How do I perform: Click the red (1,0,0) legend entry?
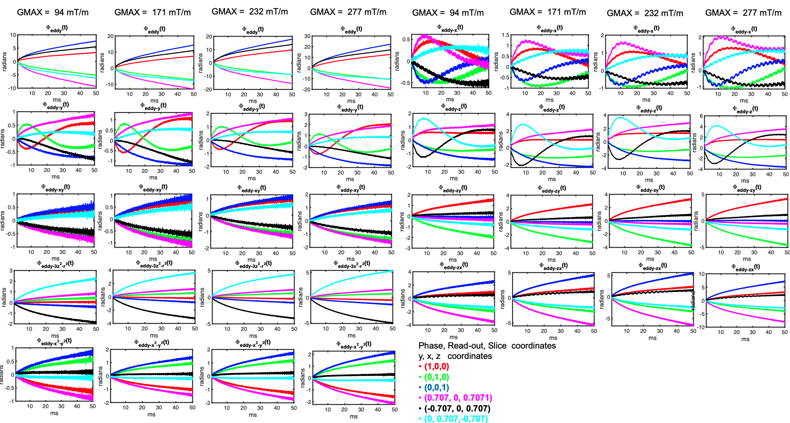coord(436,366)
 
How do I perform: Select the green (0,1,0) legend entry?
coord(436,377)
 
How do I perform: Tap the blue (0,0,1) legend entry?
coord(436,387)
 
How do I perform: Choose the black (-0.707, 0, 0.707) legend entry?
coord(457,409)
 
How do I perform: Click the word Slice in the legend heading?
coord(497,346)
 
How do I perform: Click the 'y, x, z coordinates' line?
coord(455,356)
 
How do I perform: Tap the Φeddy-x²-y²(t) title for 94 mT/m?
coord(54,341)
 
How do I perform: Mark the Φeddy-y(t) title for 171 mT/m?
coord(153,106)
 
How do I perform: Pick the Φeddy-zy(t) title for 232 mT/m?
coord(650,188)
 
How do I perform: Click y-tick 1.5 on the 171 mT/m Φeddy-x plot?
coord(505,35)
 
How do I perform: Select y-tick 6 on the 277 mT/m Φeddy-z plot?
coord(701,116)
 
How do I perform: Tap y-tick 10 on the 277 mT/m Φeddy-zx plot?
coord(701,274)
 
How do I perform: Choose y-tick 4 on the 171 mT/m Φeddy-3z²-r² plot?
coord(110,270)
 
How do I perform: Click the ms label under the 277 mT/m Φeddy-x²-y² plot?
coord(353,416)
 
